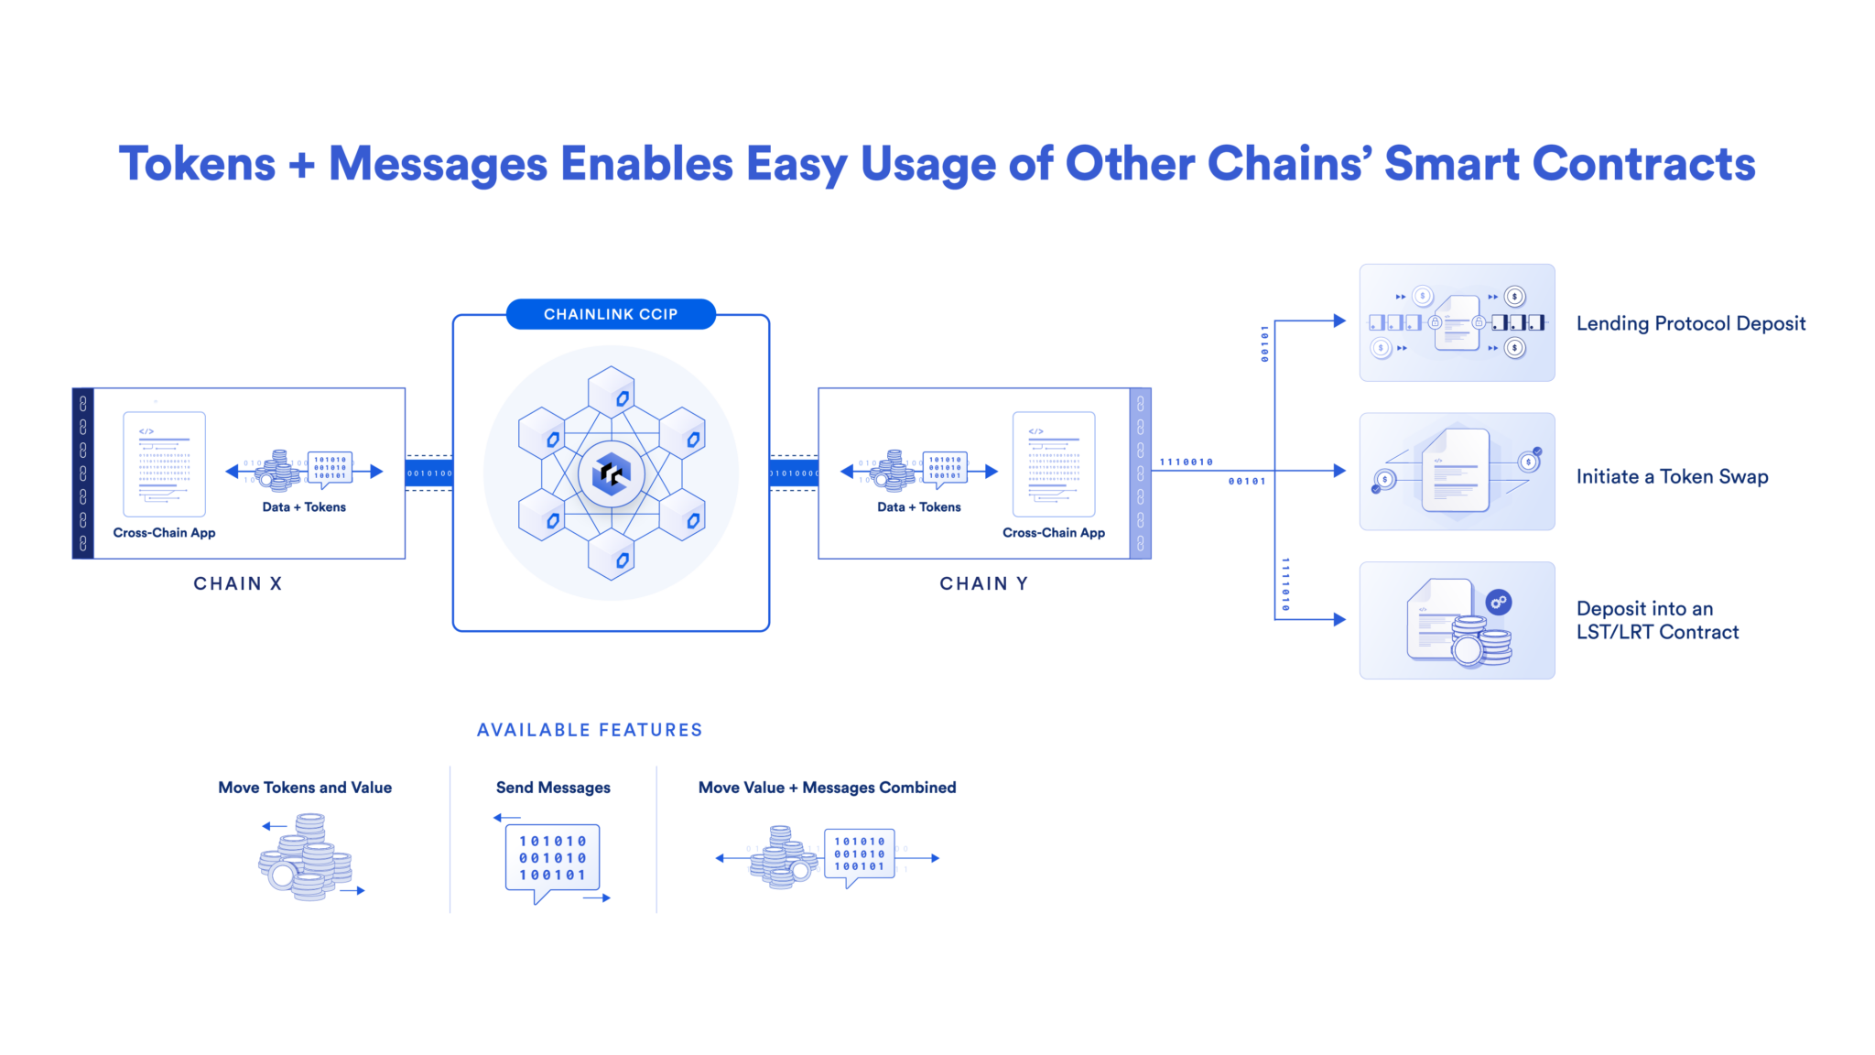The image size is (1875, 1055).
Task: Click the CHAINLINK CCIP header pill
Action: [x=611, y=314]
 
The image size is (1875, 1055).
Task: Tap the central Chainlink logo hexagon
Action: [x=611, y=473]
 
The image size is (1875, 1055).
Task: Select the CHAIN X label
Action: [x=238, y=583]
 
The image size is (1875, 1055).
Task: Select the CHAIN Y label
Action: [x=984, y=583]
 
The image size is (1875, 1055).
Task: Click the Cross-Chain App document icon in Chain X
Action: [x=165, y=463]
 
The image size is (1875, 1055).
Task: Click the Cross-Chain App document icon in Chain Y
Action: [x=1054, y=463]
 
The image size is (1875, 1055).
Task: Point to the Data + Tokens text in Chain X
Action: [x=304, y=507]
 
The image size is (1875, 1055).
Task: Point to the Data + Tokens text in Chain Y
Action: [x=919, y=507]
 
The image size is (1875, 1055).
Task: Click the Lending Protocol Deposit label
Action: [x=1690, y=323]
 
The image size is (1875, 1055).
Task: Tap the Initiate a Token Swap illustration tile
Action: [x=1457, y=472]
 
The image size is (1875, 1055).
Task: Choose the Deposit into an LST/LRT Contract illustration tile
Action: [x=1457, y=620]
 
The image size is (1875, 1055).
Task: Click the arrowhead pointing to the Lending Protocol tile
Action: [x=1340, y=321]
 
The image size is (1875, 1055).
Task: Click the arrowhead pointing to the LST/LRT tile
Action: [x=1340, y=619]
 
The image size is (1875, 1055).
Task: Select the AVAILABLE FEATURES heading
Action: [x=590, y=730]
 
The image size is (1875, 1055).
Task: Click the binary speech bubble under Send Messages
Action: [x=553, y=858]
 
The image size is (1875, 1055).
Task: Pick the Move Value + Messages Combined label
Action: [x=827, y=788]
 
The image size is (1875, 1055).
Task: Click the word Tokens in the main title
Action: [x=197, y=164]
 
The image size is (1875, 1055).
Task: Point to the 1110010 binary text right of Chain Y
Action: [x=1187, y=462]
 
